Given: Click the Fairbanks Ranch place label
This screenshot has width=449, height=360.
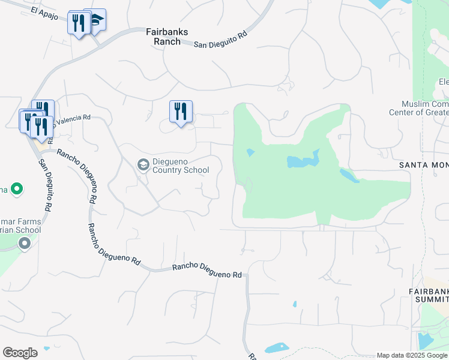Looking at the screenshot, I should [x=163, y=36].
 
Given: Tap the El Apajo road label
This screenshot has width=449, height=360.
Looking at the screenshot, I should [x=46, y=13].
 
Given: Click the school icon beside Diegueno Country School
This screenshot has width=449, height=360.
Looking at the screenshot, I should [x=143, y=164].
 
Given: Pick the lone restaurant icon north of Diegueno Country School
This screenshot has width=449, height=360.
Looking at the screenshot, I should [x=181, y=112].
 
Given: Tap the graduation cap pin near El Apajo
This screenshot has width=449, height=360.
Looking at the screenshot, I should [x=96, y=20].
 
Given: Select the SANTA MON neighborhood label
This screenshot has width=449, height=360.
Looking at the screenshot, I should [x=424, y=164].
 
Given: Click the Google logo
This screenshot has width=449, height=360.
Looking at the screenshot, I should [x=20, y=353].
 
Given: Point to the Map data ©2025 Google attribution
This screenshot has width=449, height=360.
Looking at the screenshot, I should [x=412, y=355].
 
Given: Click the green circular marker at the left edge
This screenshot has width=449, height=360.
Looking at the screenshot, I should [x=17, y=190].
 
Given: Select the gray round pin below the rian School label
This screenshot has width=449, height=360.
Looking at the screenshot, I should [x=24, y=244].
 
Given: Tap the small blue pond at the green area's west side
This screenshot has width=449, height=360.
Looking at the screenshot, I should [x=250, y=152].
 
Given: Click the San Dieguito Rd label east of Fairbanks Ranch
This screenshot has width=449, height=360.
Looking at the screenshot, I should [x=220, y=40].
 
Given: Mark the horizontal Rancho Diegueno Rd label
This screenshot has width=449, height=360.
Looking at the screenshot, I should [x=206, y=271].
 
